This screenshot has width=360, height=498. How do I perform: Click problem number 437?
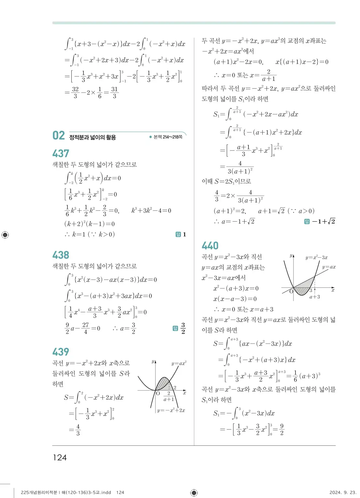pyautogui.click(x=61, y=153)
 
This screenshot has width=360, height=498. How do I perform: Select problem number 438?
pyautogui.click(x=61, y=255)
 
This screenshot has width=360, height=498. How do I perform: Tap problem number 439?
pyautogui.click(x=61, y=352)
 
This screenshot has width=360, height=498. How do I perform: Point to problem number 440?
pyautogui.click(x=210, y=246)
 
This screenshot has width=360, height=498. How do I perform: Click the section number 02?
pyautogui.click(x=59, y=136)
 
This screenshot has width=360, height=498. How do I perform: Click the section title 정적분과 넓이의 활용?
pyautogui.click(x=92, y=138)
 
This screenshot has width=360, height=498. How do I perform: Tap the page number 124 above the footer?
pyautogui.click(x=60, y=457)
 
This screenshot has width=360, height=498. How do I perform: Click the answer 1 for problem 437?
pyautogui.click(x=184, y=235)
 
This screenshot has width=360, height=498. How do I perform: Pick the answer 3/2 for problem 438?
pyautogui.click(x=183, y=328)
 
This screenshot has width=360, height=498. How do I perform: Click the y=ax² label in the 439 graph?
pyautogui.click(x=179, y=363)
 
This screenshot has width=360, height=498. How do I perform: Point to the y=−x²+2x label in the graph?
pyautogui.click(x=171, y=410)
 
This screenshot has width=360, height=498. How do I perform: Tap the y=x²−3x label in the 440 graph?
pyautogui.click(x=316, y=258)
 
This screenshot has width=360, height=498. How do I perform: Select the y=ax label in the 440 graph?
pyautogui.click(x=329, y=267)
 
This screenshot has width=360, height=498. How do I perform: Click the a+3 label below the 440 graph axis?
pyautogui.click(x=315, y=297)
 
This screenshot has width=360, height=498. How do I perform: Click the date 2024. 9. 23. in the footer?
pyautogui.click(x=342, y=492)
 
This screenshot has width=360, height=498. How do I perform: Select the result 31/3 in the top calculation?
pyautogui.click(x=114, y=92)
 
